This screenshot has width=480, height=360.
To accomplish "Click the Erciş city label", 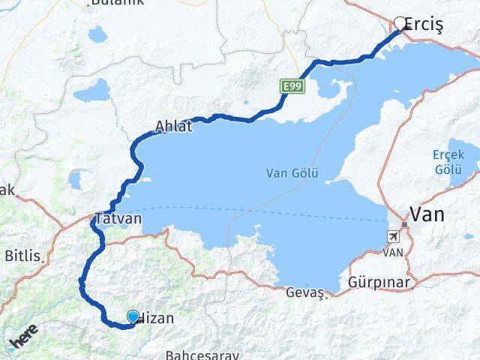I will tap(424, 25).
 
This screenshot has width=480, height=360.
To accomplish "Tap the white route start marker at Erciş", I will tap(400, 23).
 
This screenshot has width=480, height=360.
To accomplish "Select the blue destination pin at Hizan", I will tap(133, 317).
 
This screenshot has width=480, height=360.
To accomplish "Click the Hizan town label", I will tap(157, 318).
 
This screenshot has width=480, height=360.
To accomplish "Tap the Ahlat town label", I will tap(173, 127).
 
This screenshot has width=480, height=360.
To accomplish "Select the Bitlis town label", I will tap(22, 256).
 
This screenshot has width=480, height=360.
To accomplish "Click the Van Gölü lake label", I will tap(292, 173).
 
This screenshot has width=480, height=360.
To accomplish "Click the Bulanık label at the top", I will tap(119, 3).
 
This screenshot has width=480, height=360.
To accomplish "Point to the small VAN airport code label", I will tap(394, 253).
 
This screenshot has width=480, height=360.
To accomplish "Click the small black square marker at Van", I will tap(403, 224).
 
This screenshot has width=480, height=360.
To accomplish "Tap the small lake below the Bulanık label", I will tap(98, 34).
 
